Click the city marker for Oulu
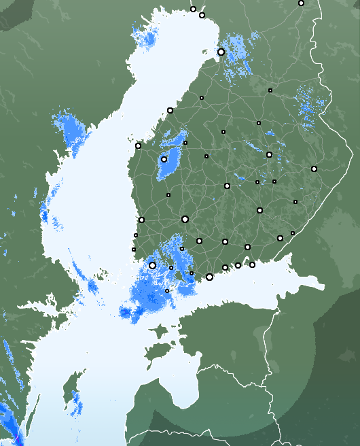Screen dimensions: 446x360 pyautogui.click(x=221, y=52)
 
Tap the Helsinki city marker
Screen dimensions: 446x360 pyautogui.click(x=209, y=277)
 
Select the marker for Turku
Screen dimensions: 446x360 pyautogui.click(x=153, y=265)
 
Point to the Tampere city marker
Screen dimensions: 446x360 pyautogui.click(x=185, y=219)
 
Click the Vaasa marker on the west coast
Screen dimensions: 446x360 pyautogui.click(x=138, y=145)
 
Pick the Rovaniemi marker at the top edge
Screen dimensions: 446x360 pyautogui.click(x=301, y=3)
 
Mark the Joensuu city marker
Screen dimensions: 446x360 pyautogui.click(x=314, y=169)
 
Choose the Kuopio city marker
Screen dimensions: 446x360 pyautogui.click(x=269, y=154)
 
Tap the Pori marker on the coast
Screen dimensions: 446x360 pyautogui.click(x=141, y=220)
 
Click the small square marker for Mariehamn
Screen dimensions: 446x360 pyautogui.click(x=167, y=291)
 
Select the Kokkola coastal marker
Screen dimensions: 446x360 pyautogui.click(x=170, y=110)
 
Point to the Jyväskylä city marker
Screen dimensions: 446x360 pyautogui.click(x=227, y=186)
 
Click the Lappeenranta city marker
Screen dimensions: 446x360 pyautogui.click(x=280, y=238)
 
